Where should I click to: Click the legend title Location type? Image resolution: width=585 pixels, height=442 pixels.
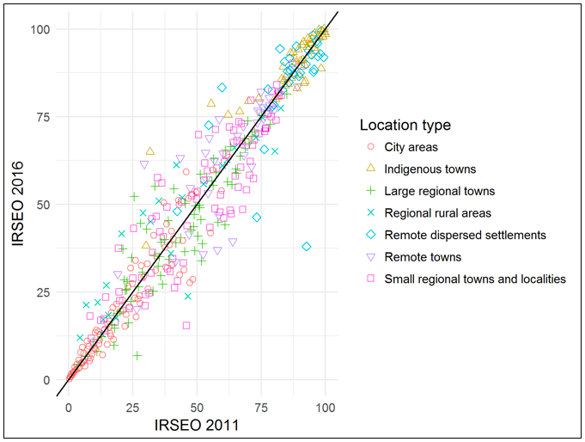(x=405, y=126)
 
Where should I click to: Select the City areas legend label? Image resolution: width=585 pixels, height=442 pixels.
(x=412, y=147)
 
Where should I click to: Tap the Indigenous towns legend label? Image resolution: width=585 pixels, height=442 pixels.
(x=430, y=169)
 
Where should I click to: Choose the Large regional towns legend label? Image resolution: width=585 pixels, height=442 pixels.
(x=439, y=191)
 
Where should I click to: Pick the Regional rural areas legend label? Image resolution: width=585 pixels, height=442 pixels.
(x=438, y=213)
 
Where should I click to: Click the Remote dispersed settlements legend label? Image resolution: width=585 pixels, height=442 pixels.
(x=465, y=235)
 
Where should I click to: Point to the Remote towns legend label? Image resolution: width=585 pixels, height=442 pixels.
(x=423, y=257)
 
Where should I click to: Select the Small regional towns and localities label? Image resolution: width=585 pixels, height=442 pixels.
(x=475, y=279)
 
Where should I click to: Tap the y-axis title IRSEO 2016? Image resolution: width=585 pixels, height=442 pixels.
(x=19, y=204)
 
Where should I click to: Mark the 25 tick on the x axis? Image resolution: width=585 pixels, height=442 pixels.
(x=133, y=406)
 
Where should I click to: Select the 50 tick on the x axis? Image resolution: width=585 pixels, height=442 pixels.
(x=197, y=406)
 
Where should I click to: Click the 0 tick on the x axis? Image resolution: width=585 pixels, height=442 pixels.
(x=69, y=406)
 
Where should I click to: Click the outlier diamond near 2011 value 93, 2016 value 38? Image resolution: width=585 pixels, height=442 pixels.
(x=307, y=247)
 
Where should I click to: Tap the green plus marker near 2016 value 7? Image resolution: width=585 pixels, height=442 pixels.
(x=137, y=355)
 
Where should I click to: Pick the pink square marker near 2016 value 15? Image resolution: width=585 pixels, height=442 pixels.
(x=186, y=326)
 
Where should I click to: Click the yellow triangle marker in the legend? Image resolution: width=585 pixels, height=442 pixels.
(x=369, y=169)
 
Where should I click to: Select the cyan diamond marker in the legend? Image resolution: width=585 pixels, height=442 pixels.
(x=369, y=235)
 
